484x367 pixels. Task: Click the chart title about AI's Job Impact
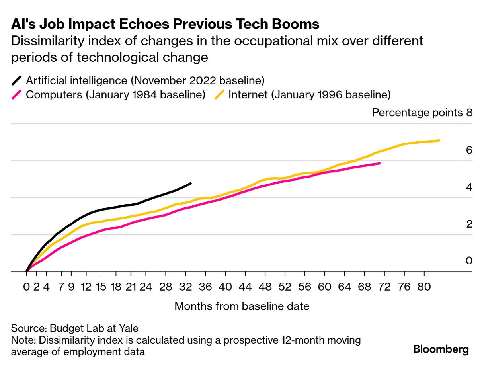pos(165,24)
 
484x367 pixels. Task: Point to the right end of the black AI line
pos(191,183)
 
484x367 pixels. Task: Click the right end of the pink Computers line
pos(380,163)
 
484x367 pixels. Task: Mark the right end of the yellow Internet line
pos(439,140)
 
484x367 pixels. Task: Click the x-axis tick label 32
pos(185,287)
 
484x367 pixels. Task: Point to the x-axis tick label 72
pos(384,287)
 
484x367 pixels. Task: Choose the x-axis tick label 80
pos(424,287)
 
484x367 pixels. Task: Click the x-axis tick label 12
pos(86,287)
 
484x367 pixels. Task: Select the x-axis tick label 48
pos(265,287)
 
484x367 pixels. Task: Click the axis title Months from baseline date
pos(242,306)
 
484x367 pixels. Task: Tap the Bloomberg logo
pos(441,349)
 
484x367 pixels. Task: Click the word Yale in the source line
pos(129,328)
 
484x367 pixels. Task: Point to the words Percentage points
pos(417,113)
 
